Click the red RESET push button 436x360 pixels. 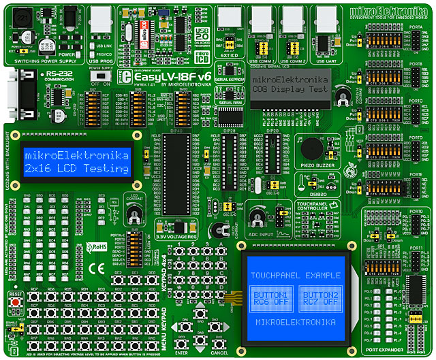[x=14, y=301]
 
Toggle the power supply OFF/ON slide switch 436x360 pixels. [x=101, y=78]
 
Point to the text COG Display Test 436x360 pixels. [x=294, y=90]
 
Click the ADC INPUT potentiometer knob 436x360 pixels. [x=257, y=218]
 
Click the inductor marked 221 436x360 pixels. [x=24, y=16]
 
